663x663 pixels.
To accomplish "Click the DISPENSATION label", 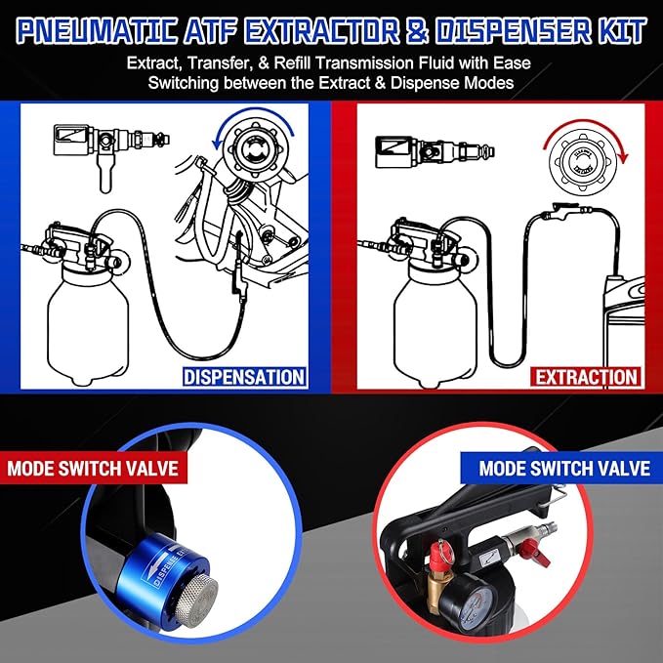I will tap(243, 376).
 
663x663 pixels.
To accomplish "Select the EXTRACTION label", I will tap(585, 376).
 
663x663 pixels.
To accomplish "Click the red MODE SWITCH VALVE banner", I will tap(94, 468).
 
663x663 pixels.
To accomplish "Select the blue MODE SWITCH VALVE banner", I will tap(564, 468).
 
